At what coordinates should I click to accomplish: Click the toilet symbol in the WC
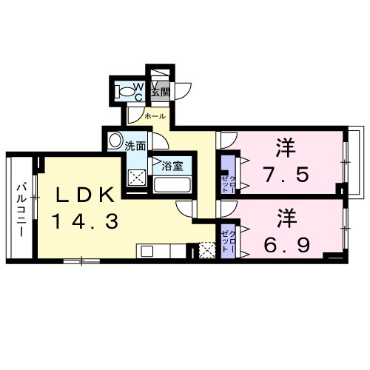132,92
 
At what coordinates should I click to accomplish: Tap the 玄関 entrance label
161,92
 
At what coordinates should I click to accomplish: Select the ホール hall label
155,116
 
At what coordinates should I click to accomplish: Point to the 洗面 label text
135,147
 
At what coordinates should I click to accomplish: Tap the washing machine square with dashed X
137,178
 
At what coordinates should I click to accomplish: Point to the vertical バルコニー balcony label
21,209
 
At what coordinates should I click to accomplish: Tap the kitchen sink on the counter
147,251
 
